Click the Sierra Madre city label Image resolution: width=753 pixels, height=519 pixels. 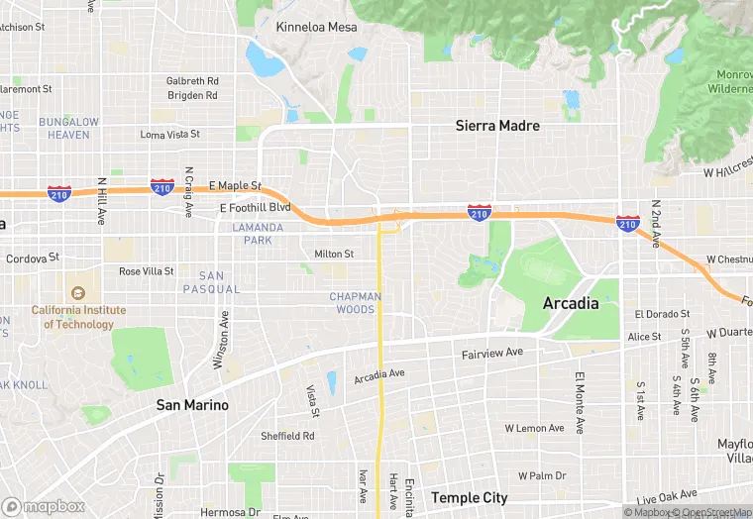click(x=497, y=126)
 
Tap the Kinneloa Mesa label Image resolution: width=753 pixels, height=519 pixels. click(x=317, y=27)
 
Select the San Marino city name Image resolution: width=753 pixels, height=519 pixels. click(x=192, y=405)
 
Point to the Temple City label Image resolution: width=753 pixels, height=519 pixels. click(x=470, y=497)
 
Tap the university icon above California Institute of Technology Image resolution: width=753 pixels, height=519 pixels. click(x=78, y=293)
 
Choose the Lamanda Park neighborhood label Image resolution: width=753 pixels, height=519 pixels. click(x=258, y=234)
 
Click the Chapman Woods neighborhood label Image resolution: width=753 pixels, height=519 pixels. click(x=353, y=303)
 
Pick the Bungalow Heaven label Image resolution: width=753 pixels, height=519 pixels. click(x=69, y=128)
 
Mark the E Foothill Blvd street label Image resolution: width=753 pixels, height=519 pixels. click(x=255, y=208)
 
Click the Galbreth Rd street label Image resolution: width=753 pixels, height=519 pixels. click(x=192, y=81)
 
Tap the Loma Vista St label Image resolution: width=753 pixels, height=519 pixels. click(x=169, y=134)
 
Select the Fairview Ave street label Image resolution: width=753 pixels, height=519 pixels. click(x=492, y=353)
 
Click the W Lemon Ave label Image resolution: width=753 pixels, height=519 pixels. click(x=534, y=429)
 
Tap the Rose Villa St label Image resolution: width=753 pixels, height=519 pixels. click(x=146, y=270)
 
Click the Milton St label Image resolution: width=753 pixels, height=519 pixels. click(x=334, y=255)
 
